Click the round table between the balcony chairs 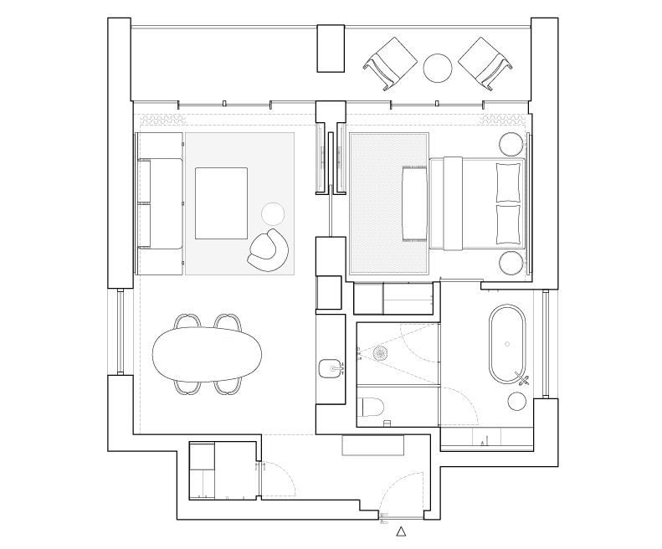coord(438,69)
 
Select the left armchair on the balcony coord(390,62)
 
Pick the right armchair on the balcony coord(485,62)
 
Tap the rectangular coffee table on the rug coord(221,203)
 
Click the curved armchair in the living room coord(269,250)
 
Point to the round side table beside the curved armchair coord(273,213)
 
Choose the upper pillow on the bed coord(507,182)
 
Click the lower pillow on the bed coord(507,224)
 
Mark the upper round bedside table coord(511,143)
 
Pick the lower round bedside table coord(511,263)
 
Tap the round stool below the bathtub coord(518,403)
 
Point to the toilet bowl coord(370,408)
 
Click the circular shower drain coord(381,354)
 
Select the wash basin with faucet coord(331,368)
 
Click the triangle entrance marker coord(401,531)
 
